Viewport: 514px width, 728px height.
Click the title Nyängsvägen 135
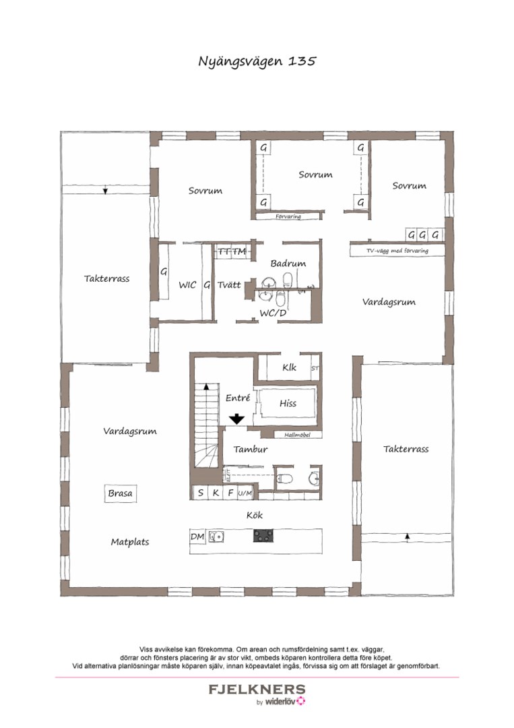pos(257,61)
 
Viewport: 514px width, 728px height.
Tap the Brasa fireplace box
pos(121,493)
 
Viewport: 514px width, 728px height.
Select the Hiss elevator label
pos(288,403)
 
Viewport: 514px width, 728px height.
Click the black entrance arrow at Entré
pos(236,419)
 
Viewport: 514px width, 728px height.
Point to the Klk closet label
pos(290,368)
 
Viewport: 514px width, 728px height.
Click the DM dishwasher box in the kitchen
pos(197,537)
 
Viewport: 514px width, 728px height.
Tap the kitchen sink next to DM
pos(216,537)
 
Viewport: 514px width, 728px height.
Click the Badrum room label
pos(288,264)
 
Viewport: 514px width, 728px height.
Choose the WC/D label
pos(273,313)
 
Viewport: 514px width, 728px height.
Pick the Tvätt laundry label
pos(229,285)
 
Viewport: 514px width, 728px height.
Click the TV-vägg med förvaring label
pos(397,251)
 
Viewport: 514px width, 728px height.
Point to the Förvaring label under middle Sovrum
pos(288,217)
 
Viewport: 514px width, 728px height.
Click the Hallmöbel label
pos(296,435)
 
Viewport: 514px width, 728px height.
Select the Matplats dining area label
pos(130,541)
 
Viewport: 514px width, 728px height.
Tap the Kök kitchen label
pos(254,516)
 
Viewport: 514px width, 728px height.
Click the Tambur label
pos(251,449)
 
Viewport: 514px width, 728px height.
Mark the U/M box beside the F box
pos(245,493)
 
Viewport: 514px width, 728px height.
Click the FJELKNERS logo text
pos(257,690)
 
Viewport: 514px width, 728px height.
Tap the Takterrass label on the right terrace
pos(406,449)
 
